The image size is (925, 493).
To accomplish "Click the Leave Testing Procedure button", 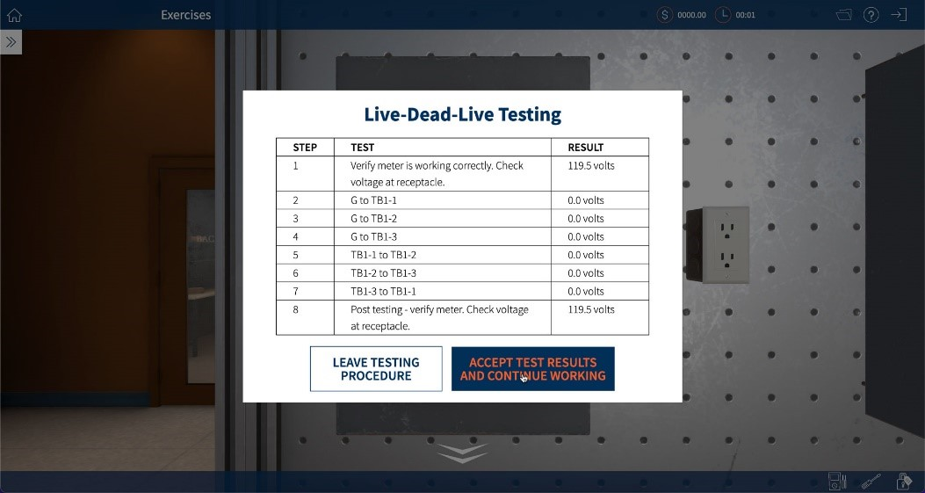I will point(376,369).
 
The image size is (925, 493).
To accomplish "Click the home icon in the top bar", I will point(14,15).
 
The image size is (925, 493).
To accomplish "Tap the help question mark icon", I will point(871,15).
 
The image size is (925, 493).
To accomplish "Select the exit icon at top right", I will point(898,15).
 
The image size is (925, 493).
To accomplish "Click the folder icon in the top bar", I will point(844,15).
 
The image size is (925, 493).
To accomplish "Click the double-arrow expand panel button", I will point(11,41).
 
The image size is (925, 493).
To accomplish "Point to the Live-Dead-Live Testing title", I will point(462,114).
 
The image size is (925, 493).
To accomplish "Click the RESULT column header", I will point(585,148).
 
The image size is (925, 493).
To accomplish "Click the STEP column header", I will point(305,148).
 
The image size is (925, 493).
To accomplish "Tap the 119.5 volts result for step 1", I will point(591,165).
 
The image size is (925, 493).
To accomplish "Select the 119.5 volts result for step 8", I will point(591,309).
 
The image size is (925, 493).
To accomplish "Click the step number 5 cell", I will point(296,255).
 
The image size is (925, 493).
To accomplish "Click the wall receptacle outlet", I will point(726,244).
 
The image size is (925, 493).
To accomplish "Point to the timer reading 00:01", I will point(745,15).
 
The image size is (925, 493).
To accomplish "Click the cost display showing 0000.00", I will point(690,15).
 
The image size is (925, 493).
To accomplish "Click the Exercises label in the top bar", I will point(185,15).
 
